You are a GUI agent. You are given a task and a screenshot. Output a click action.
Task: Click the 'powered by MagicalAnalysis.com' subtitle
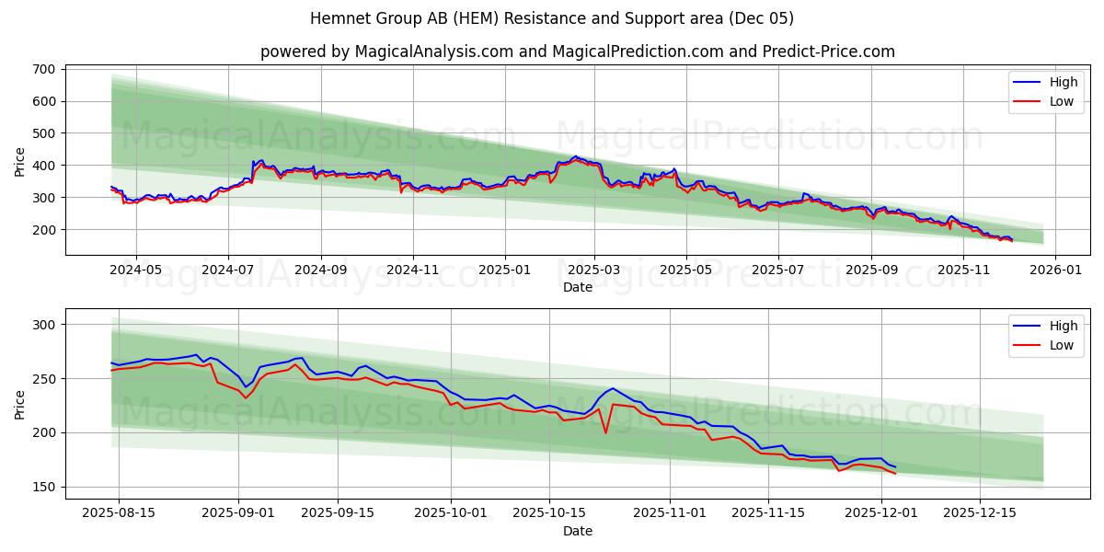[577, 52]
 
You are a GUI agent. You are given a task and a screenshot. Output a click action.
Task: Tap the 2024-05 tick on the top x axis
[135, 270]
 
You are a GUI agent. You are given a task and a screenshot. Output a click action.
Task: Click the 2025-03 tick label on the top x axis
[594, 270]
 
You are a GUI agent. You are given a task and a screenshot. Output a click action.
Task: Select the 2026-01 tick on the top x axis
[1054, 270]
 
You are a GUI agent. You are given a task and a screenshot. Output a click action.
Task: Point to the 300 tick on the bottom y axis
[47, 325]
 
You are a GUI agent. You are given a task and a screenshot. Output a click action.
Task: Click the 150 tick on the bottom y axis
[47, 487]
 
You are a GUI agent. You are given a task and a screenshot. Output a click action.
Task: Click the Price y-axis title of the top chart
[20, 161]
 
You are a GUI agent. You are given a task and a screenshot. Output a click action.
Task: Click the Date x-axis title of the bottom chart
[577, 531]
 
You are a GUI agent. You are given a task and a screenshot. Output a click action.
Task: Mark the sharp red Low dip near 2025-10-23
[605, 432]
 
